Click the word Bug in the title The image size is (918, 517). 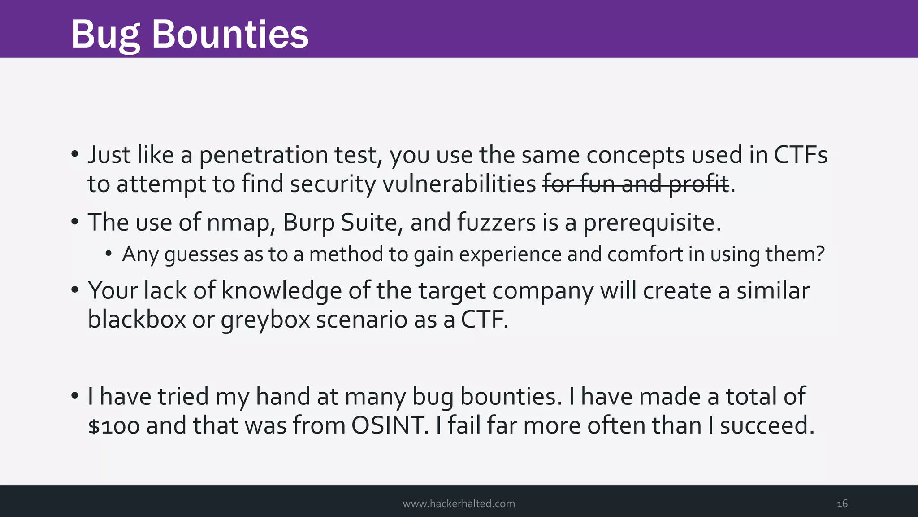[x=105, y=35]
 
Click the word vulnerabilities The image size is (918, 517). [x=458, y=184]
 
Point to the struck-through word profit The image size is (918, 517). [x=699, y=184]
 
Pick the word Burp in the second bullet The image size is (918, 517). [x=308, y=223]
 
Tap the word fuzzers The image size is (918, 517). [x=496, y=223]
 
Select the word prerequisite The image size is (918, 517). [x=652, y=223]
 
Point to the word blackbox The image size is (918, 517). [x=137, y=320]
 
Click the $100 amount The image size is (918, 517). [x=114, y=426]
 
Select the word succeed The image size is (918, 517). [x=767, y=425]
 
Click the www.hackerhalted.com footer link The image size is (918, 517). [x=459, y=504]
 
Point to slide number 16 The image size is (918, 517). [x=842, y=504]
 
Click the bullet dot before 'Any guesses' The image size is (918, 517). [x=108, y=254]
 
